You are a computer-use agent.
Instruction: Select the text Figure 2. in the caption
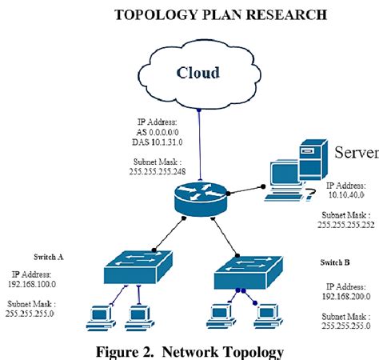tap(129, 349)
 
